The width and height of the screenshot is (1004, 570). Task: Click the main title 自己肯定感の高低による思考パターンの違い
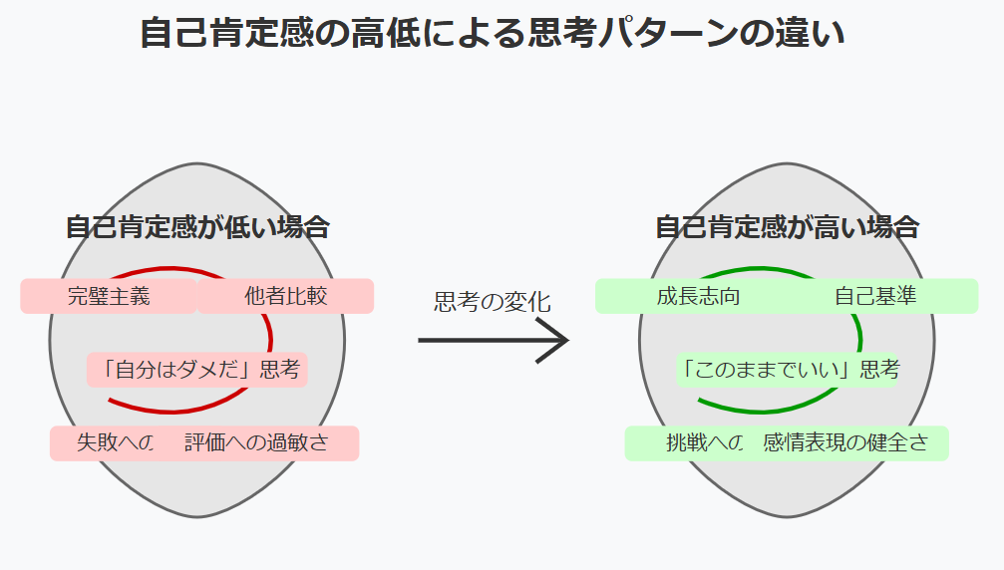click(x=493, y=34)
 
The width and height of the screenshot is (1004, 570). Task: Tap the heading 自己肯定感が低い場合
click(x=197, y=227)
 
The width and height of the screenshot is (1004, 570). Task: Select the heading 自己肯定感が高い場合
click(x=787, y=227)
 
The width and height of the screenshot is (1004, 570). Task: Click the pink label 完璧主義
click(x=109, y=296)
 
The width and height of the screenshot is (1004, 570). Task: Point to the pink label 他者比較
click(x=285, y=296)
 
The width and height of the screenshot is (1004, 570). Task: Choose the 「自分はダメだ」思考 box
click(x=197, y=370)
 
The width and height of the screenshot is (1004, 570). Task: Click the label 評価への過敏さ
click(x=256, y=443)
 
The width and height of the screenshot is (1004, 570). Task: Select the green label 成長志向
click(x=698, y=296)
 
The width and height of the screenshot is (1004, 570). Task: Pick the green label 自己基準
click(x=875, y=296)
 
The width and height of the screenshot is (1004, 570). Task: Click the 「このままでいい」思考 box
click(x=788, y=370)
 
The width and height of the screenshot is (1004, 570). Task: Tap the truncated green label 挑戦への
click(x=704, y=443)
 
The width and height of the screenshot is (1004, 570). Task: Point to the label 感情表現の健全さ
click(x=845, y=443)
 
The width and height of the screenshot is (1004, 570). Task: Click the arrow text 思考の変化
click(x=493, y=302)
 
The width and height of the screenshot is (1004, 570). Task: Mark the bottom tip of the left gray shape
click(x=197, y=515)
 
